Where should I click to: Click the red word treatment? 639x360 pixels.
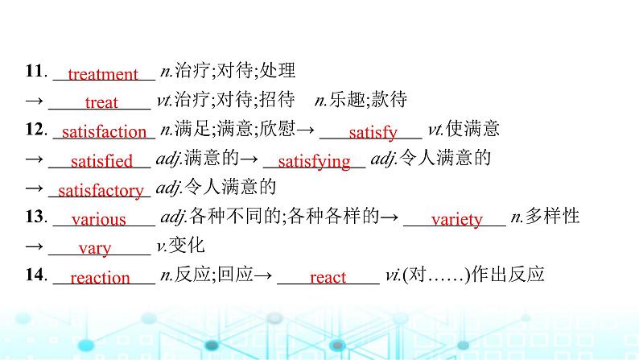coord(103,75)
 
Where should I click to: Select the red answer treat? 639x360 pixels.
coord(101,102)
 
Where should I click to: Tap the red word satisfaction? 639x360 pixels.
coord(104,132)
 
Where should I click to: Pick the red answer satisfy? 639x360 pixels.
coord(373,132)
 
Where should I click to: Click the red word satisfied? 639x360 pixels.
coord(101,161)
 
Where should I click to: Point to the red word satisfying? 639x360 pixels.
coord(314,161)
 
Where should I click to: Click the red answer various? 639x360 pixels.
coord(99,219)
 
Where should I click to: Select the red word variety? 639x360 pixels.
coord(456,219)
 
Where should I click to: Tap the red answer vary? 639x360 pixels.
coord(95,248)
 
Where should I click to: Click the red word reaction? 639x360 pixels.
coord(100,278)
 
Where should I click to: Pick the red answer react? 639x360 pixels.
coord(328,278)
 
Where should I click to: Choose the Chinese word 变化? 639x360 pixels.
coord(190,245)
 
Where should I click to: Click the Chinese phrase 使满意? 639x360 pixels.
coord(476,129)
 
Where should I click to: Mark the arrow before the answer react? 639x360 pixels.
coord(264,275)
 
